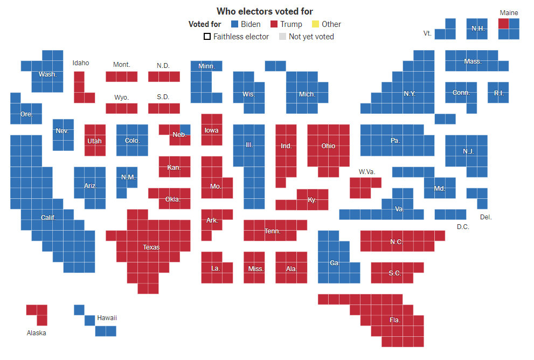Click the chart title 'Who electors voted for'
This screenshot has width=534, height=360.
tap(265, 11)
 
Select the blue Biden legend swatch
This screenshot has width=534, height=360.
tap(234, 24)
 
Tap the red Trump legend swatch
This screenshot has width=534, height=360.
tap(274, 24)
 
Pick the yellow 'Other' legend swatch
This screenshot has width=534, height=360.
tap(315, 24)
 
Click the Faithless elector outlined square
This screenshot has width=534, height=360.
tap(207, 37)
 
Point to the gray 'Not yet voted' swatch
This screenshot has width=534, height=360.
tap(282, 37)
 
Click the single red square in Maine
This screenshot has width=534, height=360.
tap(503, 24)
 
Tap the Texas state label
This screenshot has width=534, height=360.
tap(151, 247)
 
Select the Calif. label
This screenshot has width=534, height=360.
tap(48, 217)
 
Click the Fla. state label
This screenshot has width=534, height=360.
tap(395, 320)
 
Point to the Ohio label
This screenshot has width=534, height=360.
tap(328, 146)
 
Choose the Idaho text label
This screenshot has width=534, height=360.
tap(81, 63)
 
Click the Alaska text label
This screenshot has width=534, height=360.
tap(37, 333)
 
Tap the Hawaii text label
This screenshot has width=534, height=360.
tap(107, 318)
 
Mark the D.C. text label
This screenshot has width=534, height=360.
tap(463, 227)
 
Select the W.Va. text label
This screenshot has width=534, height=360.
tap(367, 172)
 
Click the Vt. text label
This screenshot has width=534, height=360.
tap(427, 33)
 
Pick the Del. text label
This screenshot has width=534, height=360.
tap(486, 217)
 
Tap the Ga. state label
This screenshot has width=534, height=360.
tap(335, 263)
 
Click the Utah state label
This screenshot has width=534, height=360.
tap(94, 141)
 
